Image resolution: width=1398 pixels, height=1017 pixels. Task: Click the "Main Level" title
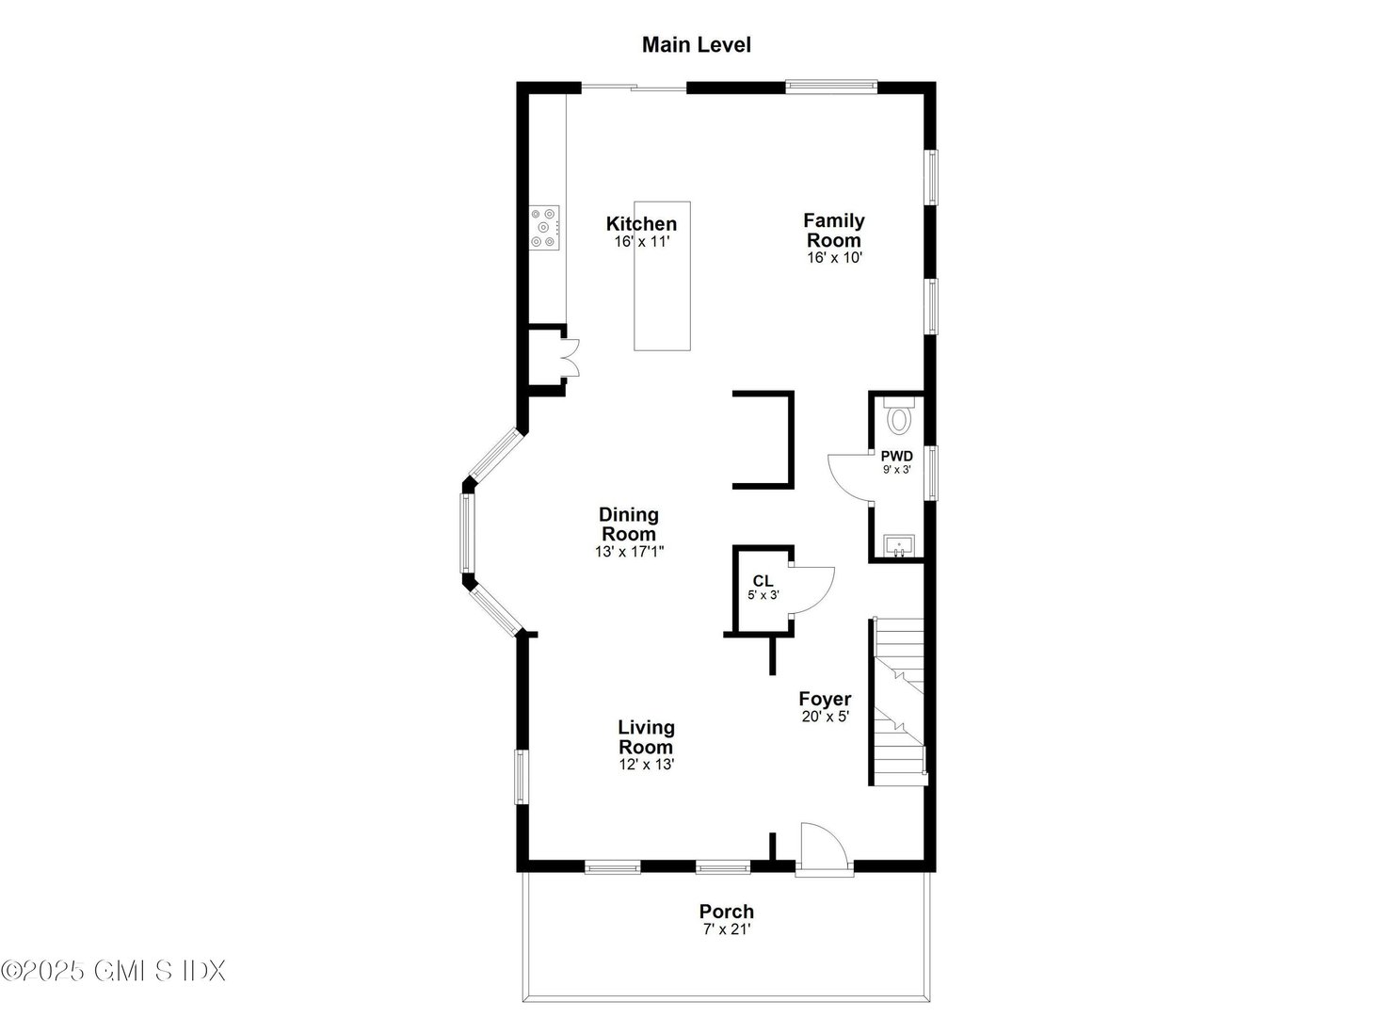click(x=696, y=44)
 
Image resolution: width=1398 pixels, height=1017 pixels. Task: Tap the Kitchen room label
click(x=641, y=224)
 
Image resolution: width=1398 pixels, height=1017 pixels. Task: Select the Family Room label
click(x=833, y=230)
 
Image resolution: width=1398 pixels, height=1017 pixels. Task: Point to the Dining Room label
click(x=629, y=524)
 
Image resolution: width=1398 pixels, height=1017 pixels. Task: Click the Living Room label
click(x=646, y=736)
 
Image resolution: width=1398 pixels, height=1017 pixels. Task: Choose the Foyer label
click(x=825, y=699)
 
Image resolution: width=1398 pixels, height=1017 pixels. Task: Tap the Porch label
click(x=726, y=912)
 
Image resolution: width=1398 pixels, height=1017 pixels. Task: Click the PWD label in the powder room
click(x=896, y=456)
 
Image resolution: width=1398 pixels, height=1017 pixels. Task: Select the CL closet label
click(x=763, y=581)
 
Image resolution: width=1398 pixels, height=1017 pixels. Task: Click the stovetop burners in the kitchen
click(x=544, y=228)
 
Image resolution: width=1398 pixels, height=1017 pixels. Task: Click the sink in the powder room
click(x=899, y=545)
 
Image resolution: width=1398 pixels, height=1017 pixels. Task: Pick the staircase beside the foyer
click(x=899, y=702)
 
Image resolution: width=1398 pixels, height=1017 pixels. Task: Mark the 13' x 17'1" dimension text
click(x=629, y=552)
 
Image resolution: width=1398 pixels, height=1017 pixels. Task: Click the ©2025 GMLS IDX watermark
click(x=113, y=970)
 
